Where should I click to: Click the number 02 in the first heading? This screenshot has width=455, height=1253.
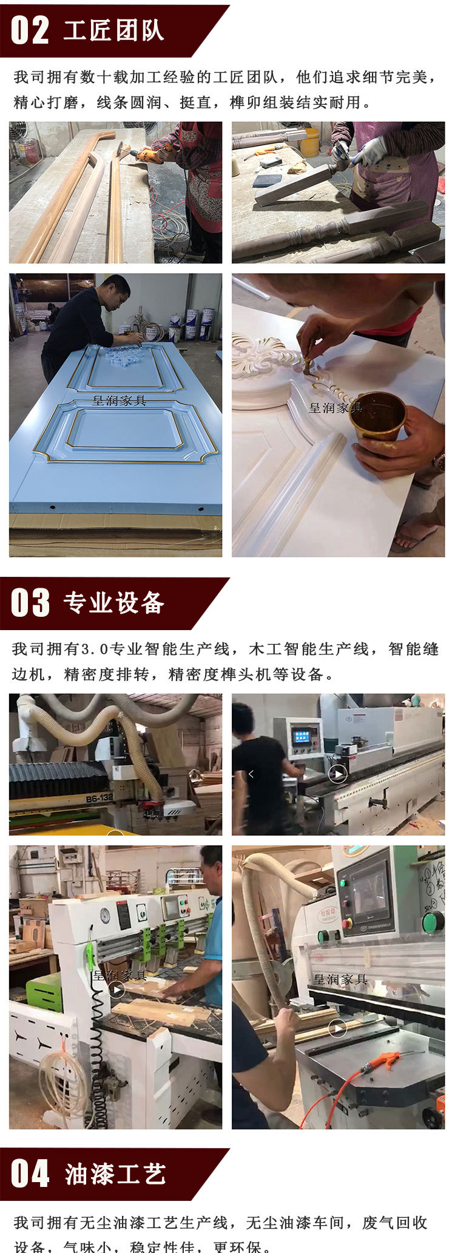[x=30, y=30]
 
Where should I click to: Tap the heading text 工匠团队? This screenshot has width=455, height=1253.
[x=113, y=31]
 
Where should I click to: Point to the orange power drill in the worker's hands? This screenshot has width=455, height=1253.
[x=149, y=155]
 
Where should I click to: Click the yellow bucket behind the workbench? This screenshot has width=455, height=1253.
[x=309, y=142]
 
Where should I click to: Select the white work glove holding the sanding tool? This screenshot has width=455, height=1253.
[x=370, y=151]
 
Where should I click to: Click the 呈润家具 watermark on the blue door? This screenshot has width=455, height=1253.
[x=119, y=400]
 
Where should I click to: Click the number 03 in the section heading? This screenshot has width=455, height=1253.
[x=30, y=603]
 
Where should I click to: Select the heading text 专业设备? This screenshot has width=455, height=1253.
[x=114, y=603]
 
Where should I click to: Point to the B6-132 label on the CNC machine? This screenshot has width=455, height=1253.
[x=99, y=799]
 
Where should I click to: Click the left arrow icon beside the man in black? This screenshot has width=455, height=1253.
[x=251, y=774]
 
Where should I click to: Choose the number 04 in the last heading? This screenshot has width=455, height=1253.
[x=30, y=1174]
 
